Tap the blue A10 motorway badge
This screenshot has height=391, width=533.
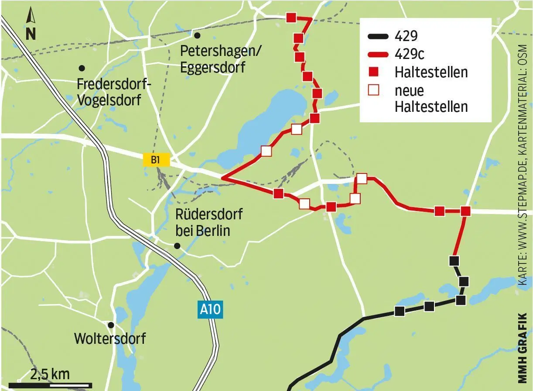click(x=210, y=310)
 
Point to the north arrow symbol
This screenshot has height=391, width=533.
click(x=31, y=25)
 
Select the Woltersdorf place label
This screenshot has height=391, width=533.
click(x=110, y=339)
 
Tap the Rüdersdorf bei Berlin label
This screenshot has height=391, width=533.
click(x=208, y=222)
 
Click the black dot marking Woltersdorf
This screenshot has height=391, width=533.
click(x=111, y=325)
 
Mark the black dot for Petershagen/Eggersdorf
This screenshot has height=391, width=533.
click(x=197, y=35)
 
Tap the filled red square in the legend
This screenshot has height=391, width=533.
click(x=374, y=72)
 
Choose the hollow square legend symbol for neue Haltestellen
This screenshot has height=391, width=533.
click(x=374, y=90)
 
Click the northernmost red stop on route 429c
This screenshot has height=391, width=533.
click(x=291, y=17)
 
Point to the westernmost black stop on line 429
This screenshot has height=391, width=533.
click(x=399, y=311)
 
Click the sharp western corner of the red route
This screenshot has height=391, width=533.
click(x=222, y=178)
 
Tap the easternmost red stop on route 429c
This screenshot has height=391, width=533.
click(x=465, y=211)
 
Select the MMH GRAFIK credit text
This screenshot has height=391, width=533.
click(x=523, y=345)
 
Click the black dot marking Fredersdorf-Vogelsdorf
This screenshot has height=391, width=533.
click(x=81, y=68)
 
